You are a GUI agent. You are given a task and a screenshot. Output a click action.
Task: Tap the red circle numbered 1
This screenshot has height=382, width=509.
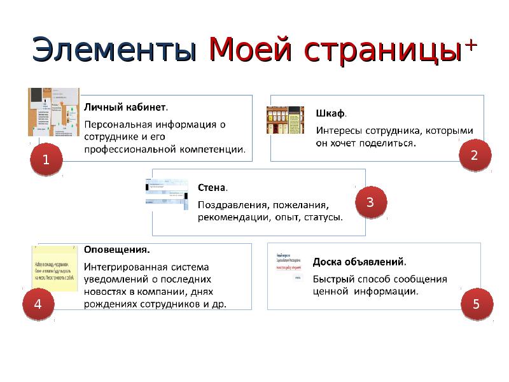pyautogui.click(x=45, y=161)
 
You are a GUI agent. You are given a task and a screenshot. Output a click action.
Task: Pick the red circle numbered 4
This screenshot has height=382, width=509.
pyautogui.click(x=38, y=304)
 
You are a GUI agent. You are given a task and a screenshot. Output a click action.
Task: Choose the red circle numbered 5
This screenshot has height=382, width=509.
pyautogui.click(x=475, y=304)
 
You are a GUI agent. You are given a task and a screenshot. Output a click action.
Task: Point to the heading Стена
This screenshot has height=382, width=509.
pyautogui.click(x=212, y=188)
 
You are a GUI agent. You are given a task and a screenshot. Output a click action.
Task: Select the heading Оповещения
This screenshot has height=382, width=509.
pyautogui.click(x=118, y=249)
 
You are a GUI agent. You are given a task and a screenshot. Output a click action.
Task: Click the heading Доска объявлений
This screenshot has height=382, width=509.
pyautogui.click(x=359, y=262)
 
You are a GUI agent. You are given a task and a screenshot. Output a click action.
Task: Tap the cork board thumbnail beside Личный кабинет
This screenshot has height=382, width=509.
pyautogui.click(x=54, y=112)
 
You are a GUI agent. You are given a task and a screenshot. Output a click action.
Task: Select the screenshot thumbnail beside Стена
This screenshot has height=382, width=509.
pyautogui.click(x=167, y=194)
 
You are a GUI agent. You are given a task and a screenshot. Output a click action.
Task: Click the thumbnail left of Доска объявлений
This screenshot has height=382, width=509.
pyautogui.click(x=289, y=267)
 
